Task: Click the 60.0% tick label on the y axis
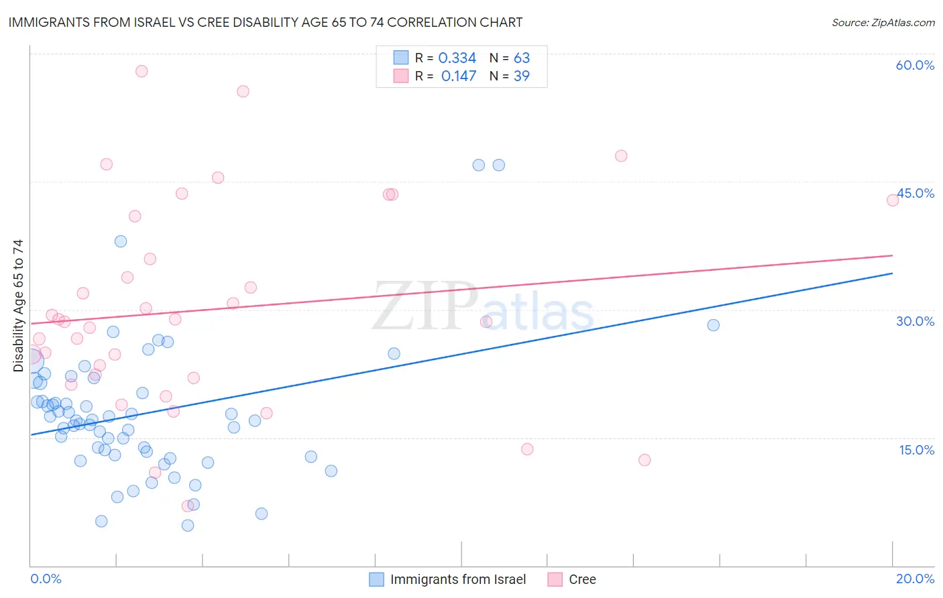[x=915, y=65]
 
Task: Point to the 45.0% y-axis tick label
[x=916, y=193]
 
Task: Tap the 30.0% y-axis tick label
[x=915, y=321]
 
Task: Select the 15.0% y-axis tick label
[x=916, y=450]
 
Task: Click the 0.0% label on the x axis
[x=46, y=579]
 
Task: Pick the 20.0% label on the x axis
[x=915, y=579]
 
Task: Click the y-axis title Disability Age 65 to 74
[x=18, y=306]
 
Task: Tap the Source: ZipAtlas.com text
[x=883, y=22]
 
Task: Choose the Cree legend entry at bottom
[x=582, y=579]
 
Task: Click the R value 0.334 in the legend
[x=457, y=58]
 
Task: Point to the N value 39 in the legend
[x=521, y=76]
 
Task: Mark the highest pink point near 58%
[x=142, y=71]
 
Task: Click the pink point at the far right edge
[x=893, y=200]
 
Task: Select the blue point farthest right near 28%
[x=713, y=325]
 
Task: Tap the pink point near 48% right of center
[x=621, y=156]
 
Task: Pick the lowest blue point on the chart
[x=188, y=525]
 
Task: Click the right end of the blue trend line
[x=892, y=274]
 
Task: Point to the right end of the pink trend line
[x=892, y=255]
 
